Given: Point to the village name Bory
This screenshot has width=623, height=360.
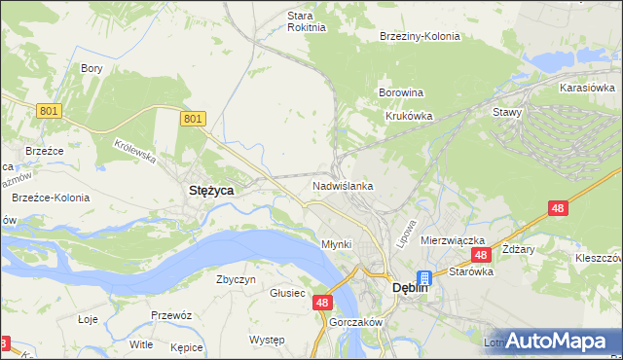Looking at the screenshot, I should pos(92,68).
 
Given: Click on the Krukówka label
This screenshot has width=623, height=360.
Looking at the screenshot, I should pos(409,115).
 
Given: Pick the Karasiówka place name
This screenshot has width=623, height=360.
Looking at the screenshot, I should pos(586,88).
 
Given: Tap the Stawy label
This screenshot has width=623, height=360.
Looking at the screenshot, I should pos(507,112).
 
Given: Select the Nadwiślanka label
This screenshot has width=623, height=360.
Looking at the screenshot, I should pos(343,185).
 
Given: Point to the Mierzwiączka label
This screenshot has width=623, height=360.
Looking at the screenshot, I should pos(453,239).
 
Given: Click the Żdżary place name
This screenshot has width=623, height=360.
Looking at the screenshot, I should pos(520,249).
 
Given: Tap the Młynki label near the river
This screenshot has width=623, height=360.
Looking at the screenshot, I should pos(336,244).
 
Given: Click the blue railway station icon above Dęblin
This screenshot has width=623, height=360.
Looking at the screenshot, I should pos(424,278).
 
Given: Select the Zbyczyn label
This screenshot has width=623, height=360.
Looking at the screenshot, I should pos(236,279).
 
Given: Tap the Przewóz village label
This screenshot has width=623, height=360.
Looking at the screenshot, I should pos(169,315).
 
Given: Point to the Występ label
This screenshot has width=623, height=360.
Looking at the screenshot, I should pos(267,340).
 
